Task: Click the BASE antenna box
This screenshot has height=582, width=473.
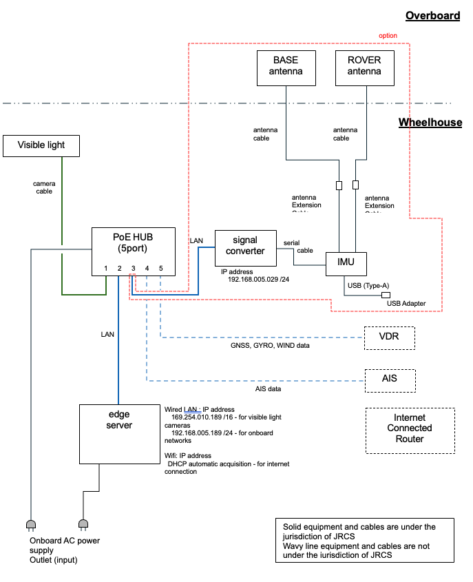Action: click(286, 66)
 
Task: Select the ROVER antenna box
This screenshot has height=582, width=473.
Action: click(364, 66)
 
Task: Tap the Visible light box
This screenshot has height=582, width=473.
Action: click(41, 145)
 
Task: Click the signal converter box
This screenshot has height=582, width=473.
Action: click(245, 247)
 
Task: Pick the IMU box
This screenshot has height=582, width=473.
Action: click(346, 264)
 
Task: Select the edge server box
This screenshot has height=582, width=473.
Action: click(118, 433)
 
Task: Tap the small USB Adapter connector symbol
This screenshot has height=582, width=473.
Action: click(386, 295)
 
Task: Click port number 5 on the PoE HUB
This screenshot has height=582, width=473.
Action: click(160, 268)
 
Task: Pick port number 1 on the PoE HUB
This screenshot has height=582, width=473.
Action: click(105, 268)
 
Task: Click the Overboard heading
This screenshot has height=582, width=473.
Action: click(432, 15)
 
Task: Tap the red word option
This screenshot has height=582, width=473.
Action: click(388, 36)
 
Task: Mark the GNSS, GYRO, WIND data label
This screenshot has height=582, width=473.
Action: click(269, 346)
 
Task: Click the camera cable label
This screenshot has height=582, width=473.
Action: click(44, 188)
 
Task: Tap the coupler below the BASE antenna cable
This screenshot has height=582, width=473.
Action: click(339, 185)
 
